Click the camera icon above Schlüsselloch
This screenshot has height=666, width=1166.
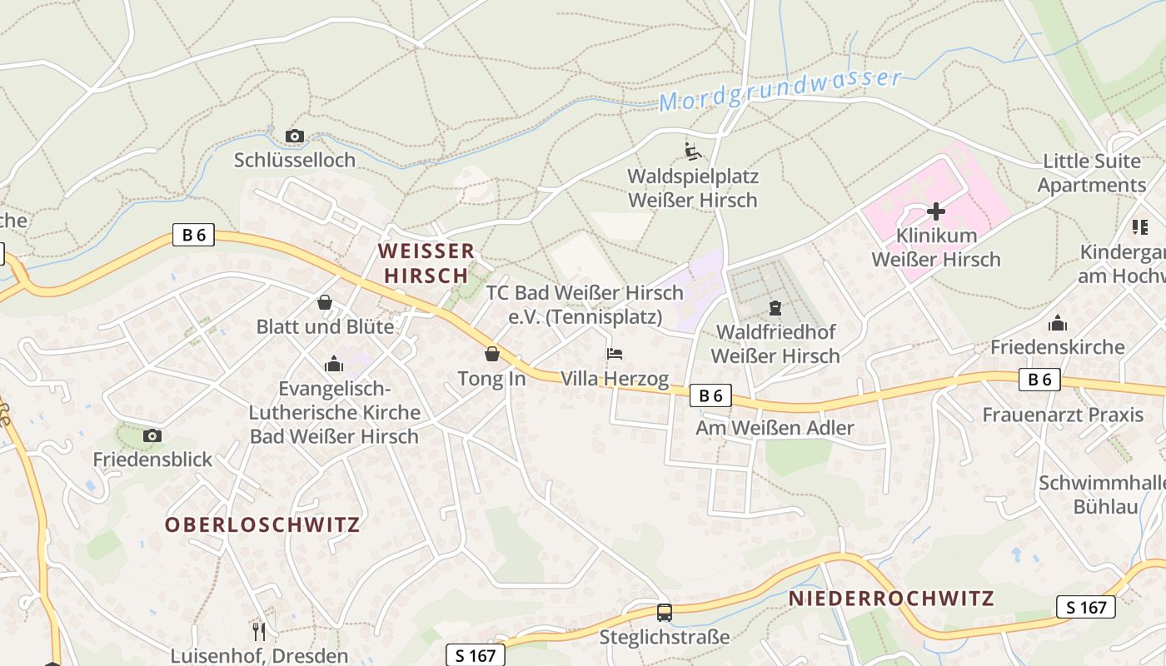pyautogui.click(x=294, y=136)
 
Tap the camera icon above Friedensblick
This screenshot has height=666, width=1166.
pyautogui.click(x=152, y=435)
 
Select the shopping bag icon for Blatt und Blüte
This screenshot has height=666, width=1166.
pyautogui.click(x=325, y=302)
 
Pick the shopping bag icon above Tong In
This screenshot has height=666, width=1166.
pyautogui.click(x=492, y=355)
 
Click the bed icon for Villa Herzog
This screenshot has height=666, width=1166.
pyautogui.click(x=615, y=354)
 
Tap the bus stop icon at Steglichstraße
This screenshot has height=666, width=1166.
pyautogui.click(x=665, y=613)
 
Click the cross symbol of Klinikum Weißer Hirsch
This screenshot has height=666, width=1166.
pyautogui.click(x=936, y=211)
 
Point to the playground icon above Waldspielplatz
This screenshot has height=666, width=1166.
pyautogui.click(x=693, y=152)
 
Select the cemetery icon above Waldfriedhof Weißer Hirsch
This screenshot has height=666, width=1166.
pyautogui.click(x=775, y=309)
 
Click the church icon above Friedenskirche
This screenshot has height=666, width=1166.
pyautogui.click(x=1058, y=323)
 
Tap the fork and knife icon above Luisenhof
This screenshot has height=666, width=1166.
pyautogui.click(x=259, y=631)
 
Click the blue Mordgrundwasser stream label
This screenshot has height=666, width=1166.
pyautogui.click(x=780, y=90)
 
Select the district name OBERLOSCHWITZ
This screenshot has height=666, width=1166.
pyautogui.click(x=262, y=525)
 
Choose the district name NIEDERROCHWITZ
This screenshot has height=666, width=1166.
pyautogui.click(x=891, y=599)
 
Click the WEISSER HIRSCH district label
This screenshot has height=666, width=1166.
pyautogui.click(x=426, y=263)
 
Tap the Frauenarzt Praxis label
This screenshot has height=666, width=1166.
pyautogui.click(x=1063, y=415)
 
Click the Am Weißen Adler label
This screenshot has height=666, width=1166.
pyautogui.click(x=775, y=428)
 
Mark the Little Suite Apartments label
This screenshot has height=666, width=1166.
pyautogui.click(x=1095, y=173)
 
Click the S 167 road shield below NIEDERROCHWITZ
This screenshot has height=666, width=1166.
pyautogui.click(x=1086, y=607)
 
